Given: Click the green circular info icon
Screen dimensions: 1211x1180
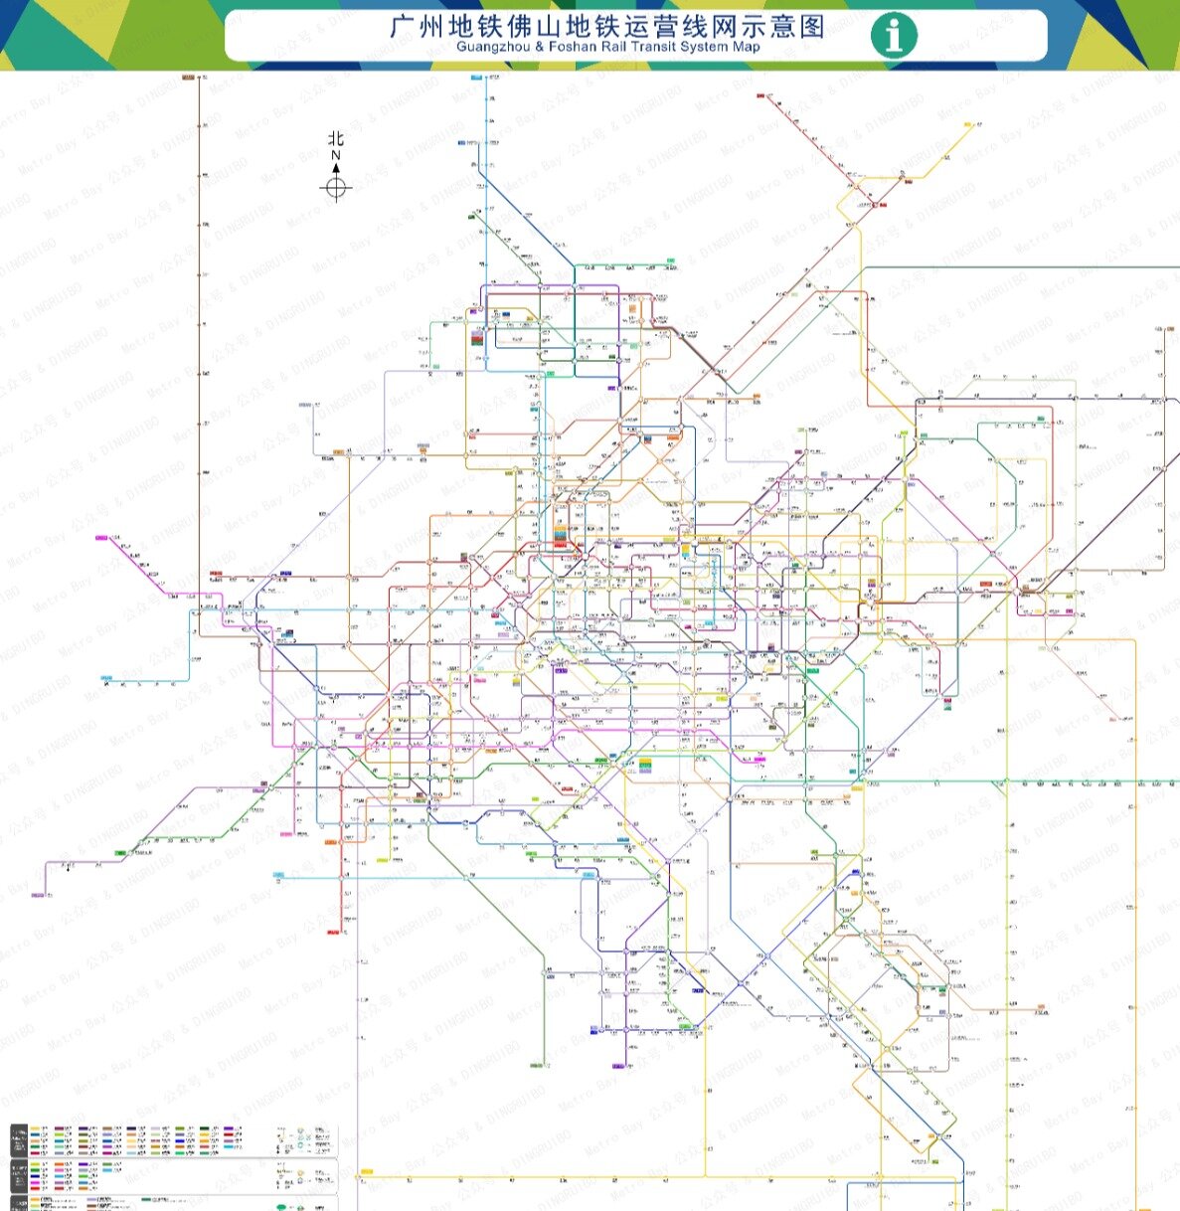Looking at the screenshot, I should tap(894, 35).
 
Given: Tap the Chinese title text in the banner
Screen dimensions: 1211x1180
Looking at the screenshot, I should tap(607, 26).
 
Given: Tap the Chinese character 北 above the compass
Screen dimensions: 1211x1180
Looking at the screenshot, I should tap(336, 139).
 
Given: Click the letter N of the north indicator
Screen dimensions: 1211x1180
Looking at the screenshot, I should tap(336, 155).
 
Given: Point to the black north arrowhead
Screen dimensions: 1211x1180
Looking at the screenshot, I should tap(336, 167).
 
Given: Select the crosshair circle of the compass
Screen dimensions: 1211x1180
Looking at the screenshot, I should tap(336, 186).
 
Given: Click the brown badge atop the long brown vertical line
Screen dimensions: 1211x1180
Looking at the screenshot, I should tap(188, 77).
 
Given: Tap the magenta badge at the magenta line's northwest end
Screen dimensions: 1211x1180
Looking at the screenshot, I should tap(101, 538).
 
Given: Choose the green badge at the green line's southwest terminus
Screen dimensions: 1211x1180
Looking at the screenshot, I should tap(121, 853).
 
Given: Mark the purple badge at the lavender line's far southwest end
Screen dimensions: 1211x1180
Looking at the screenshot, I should tap(38, 896).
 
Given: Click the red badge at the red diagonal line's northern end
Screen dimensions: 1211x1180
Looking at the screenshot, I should tap(760, 95).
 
